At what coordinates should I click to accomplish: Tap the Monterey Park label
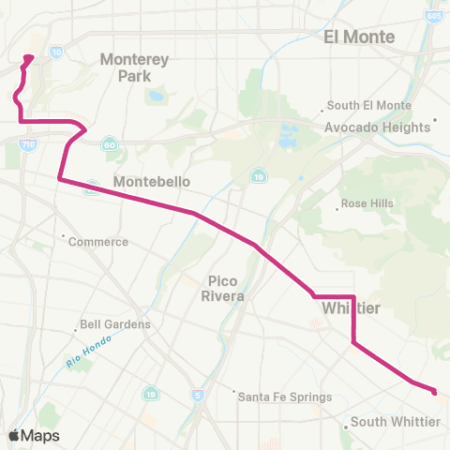pyautogui.click(x=134, y=67)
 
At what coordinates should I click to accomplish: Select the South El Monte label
pyautogui.click(x=369, y=106)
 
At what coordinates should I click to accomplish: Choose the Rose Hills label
pyautogui.click(x=367, y=203)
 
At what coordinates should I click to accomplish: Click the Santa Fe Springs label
pyautogui.click(x=285, y=397)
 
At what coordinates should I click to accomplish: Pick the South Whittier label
pyautogui.click(x=395, y=423)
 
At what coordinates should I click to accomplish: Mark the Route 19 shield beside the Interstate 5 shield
pyautogui.click(x=150, y=394)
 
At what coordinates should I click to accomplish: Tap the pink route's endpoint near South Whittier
pyautogui.click(x=434, y=391)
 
